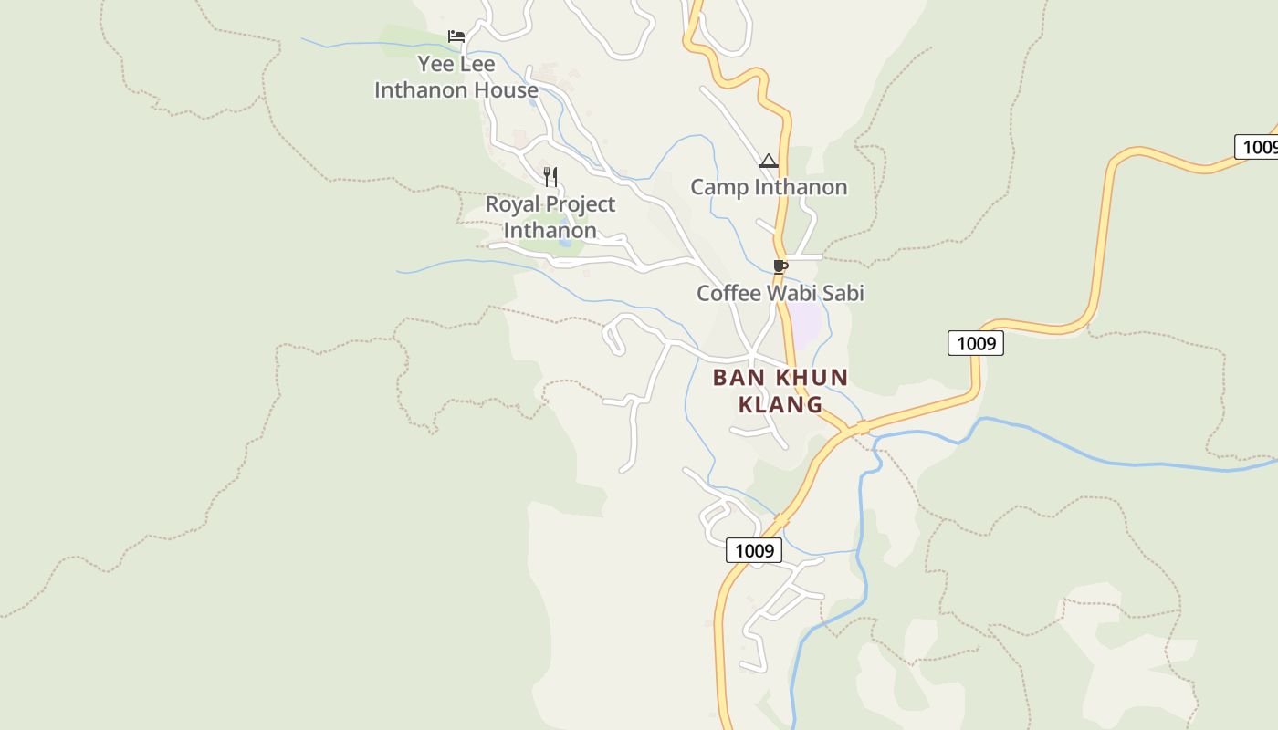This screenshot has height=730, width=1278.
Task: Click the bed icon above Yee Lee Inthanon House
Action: [456, 36]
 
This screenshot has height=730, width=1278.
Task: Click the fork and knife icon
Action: [550, 176]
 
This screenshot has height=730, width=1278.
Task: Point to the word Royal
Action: [515, 204]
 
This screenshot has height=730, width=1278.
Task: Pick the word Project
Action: [582, 204]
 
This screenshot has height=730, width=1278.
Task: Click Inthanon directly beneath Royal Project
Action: [550, 231]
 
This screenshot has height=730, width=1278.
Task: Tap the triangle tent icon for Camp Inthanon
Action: [769, 162]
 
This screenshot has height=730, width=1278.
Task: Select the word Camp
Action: [718, 188]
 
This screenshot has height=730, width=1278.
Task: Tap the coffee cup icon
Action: [780, 266]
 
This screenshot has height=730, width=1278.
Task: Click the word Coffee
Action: [728, 294]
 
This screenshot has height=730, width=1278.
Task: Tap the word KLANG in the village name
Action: [780, 404]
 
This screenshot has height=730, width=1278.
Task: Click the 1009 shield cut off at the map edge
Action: [1257, 147]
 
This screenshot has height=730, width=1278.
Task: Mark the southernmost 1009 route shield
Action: [754, 550]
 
